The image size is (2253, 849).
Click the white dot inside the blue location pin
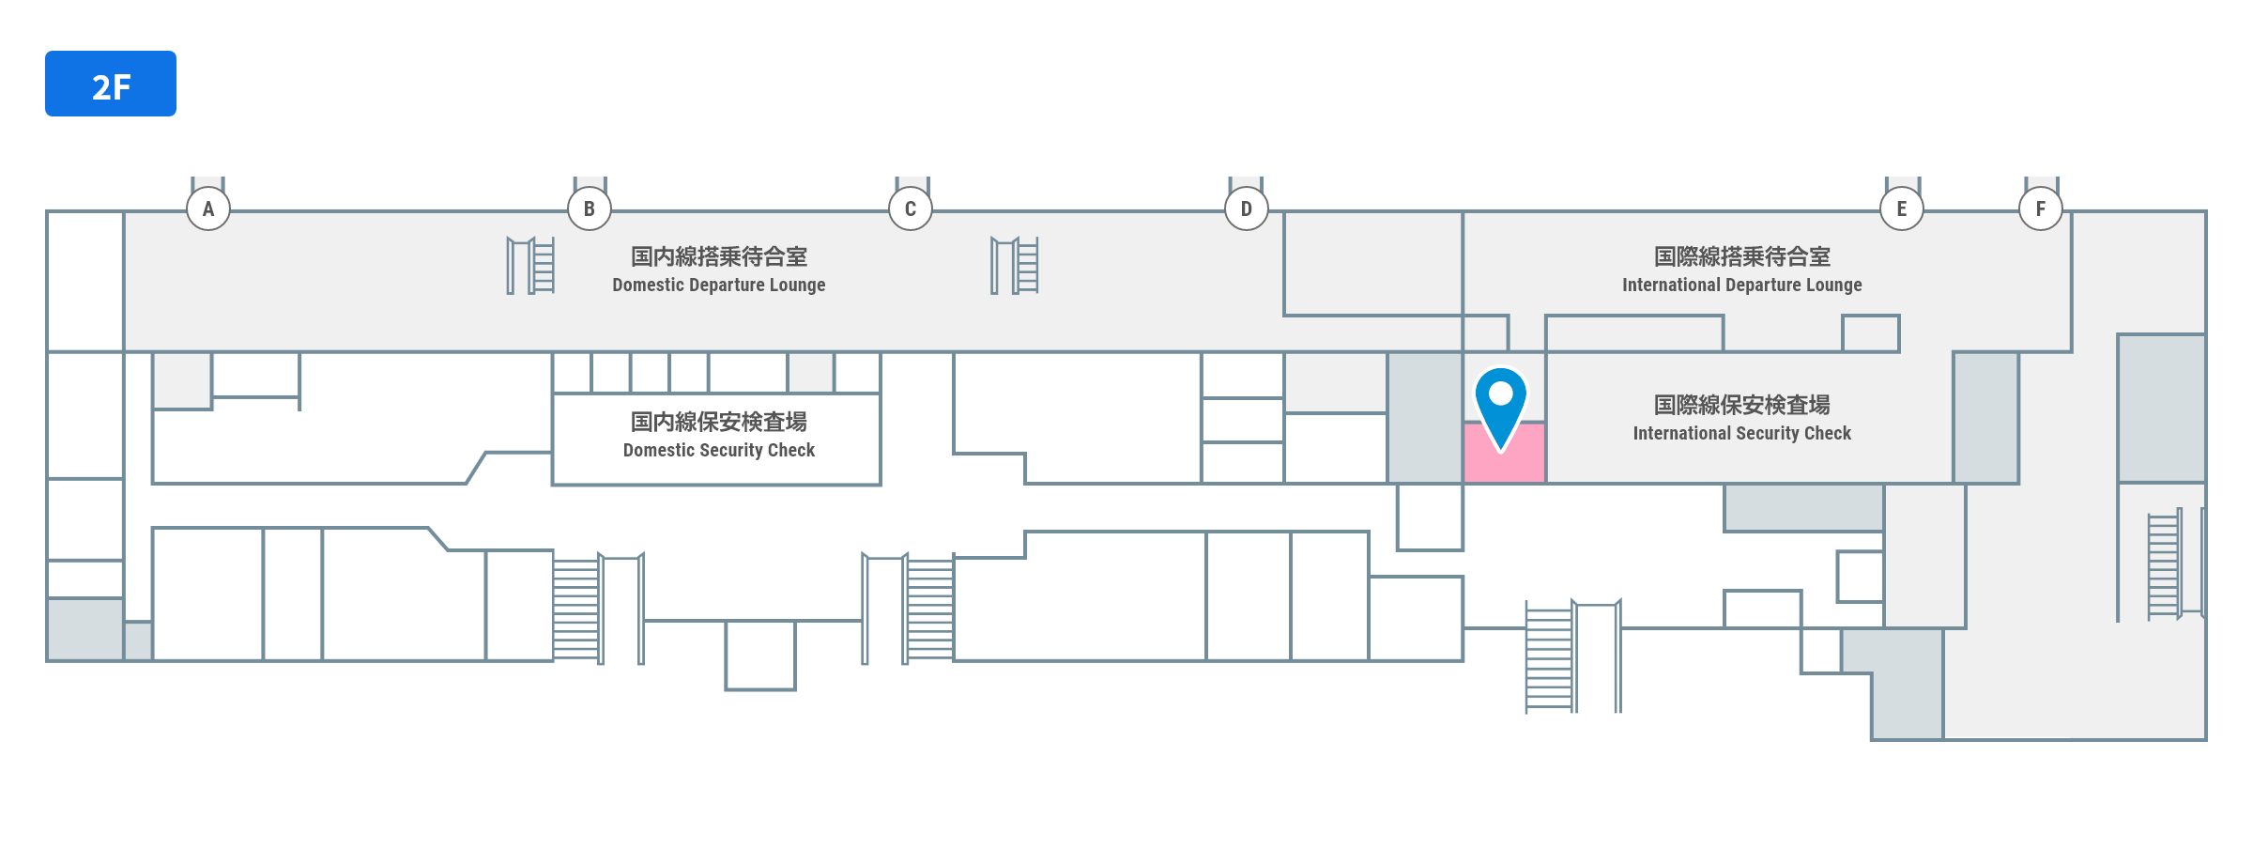point(1500,393)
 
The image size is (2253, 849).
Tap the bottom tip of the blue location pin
point(1500,452)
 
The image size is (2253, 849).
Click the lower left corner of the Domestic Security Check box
point(552,485)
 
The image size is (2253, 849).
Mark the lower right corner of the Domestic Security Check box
point(881,485)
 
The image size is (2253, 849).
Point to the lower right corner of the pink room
point(1545,483)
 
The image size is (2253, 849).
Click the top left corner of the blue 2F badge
point(45,51)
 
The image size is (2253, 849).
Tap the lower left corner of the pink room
point(1464,483)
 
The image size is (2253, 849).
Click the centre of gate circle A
point(208,208)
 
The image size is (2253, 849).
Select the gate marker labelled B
point(590,208)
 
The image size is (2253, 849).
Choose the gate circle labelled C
point(911,208)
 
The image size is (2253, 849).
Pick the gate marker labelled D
point(1247,208)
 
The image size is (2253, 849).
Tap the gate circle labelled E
point(1902,208)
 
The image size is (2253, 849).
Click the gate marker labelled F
point(2041,208)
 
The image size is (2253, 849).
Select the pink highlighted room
point(1505,453)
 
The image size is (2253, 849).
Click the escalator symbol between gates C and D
point(1015,266)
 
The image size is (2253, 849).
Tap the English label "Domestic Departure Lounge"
point(719,285)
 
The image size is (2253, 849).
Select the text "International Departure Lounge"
point(1742,285)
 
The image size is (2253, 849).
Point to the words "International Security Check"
point(1742,433)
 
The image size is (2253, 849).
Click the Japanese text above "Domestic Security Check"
point(719,422)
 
